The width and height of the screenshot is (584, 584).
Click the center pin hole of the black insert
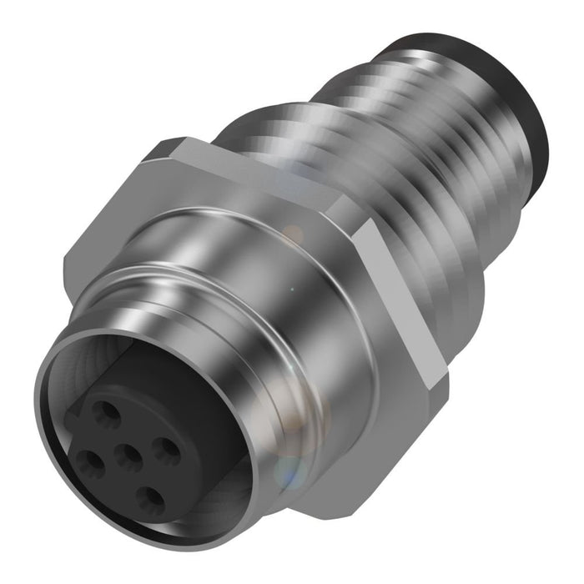[128, 456]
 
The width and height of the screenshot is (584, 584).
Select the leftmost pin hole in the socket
[87, 460]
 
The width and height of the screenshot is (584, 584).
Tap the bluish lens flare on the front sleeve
[288, 476]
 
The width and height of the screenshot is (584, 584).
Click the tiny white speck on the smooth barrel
[292, 289]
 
